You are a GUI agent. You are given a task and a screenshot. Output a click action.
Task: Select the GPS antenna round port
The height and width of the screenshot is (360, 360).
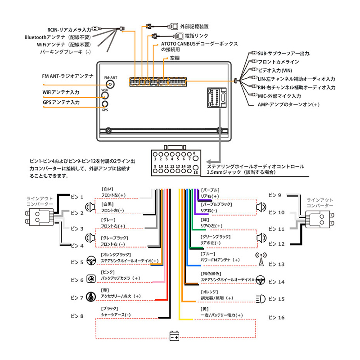click(x=105, y=104)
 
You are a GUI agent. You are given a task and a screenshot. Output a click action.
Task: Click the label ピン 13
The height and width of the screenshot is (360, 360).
click(x=276, y=264)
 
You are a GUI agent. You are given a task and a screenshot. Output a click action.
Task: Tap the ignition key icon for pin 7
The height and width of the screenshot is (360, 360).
click(x=90, y=297)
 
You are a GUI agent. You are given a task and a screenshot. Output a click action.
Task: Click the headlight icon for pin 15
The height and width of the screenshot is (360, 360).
click(x=261, y=298)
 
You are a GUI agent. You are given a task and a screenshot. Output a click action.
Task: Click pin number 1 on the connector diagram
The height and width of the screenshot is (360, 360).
click(x=155, y=159)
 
